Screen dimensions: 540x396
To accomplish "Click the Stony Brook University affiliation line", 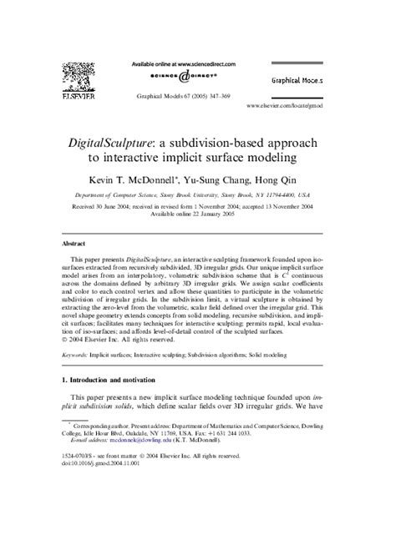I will point(198,192).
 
